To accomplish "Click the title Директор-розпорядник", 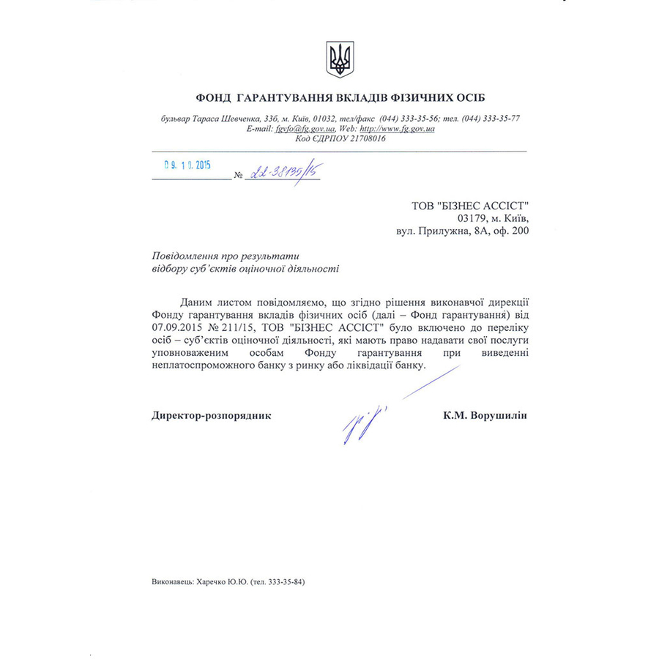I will pyautogui.click(x=212, y=415).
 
